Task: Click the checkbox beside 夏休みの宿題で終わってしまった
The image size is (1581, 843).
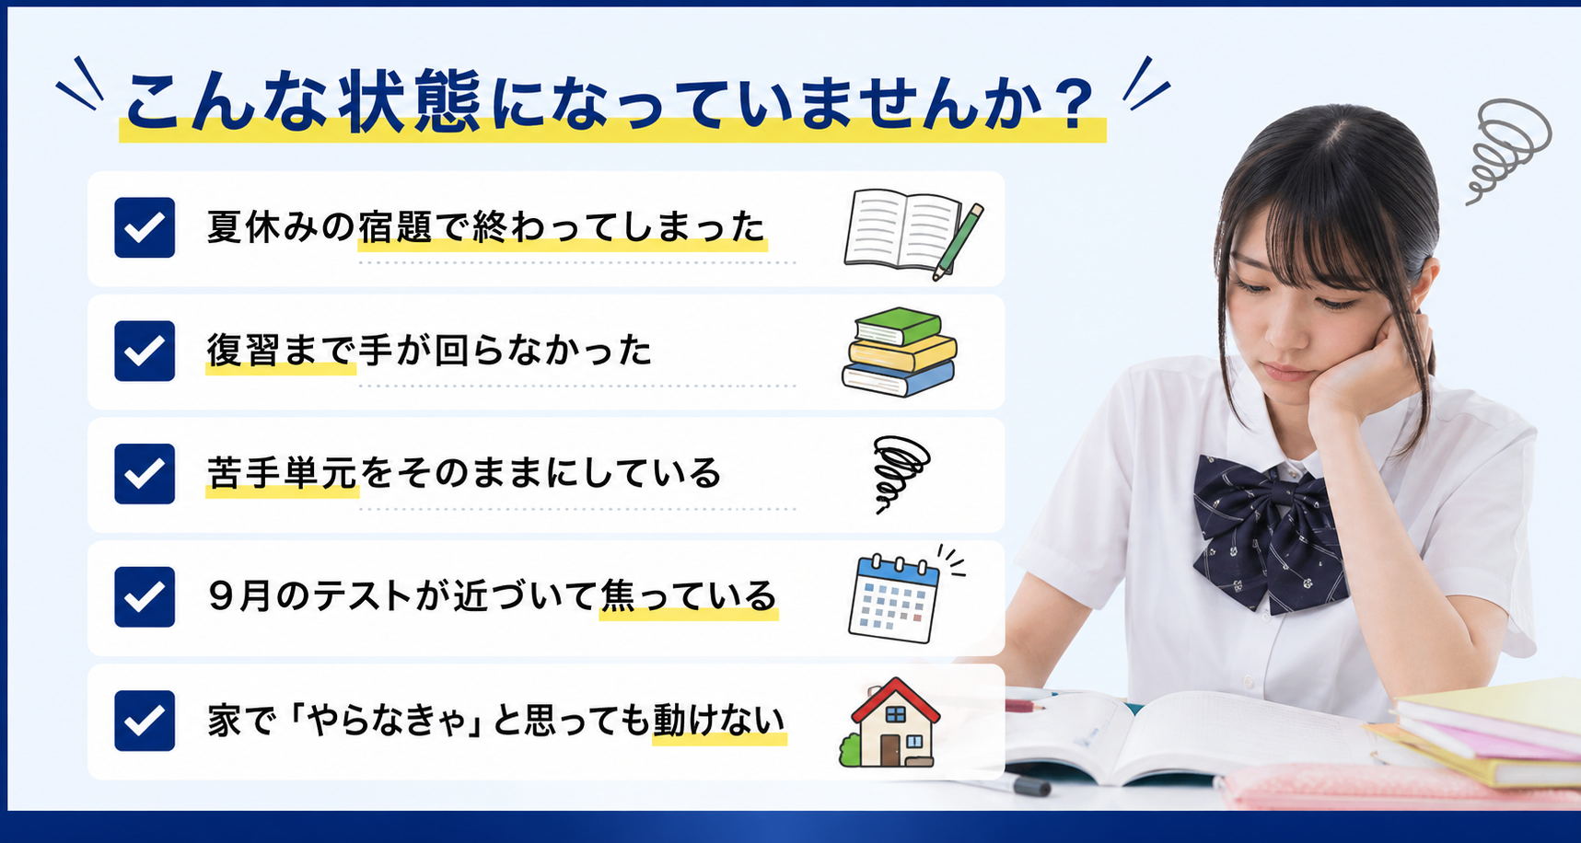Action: click(145, 227)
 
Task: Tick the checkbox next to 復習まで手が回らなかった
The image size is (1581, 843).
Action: click(145, 351)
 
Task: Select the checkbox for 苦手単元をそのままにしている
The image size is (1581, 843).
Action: click(145, 474)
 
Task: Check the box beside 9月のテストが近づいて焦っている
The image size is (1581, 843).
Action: click(145, 597)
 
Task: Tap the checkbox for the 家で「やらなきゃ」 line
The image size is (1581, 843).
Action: click(145, 721)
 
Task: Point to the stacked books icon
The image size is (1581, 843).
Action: click(900, 352)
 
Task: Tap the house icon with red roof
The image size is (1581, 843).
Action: click(889, 723)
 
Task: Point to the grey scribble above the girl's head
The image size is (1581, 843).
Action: click(1506, 149)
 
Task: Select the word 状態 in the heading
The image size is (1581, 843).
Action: click(410, 101)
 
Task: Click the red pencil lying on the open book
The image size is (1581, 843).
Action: click(1027, 706)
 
